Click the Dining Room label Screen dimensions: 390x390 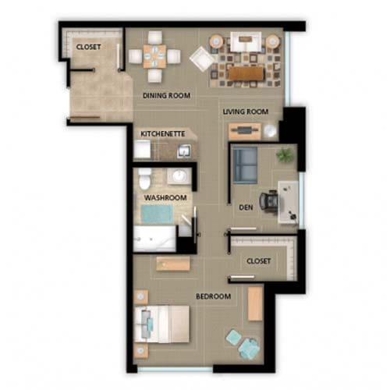[167, 95]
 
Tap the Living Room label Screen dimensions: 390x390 [246, 112]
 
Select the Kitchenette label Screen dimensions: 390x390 [163, 134]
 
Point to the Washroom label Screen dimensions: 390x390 [165, 197]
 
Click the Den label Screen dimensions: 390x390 [246, 207]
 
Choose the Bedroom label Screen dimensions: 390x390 [213, 296]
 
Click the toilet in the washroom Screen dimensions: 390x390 [144, 178]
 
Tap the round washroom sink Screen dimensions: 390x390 [179, 176]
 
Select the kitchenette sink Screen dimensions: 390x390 [184, 151]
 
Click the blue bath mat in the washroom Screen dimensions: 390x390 [157, 214]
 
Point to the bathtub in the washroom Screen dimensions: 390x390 [154, 239]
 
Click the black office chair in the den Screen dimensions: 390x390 [269, 201]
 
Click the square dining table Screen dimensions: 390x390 [154, 56]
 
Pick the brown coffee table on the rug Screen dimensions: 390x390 [246, 73]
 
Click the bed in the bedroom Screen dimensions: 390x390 [161, 324]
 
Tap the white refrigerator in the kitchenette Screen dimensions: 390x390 [142, 149]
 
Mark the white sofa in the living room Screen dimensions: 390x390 [246, 41]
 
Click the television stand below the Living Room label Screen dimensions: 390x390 [245, 131]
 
